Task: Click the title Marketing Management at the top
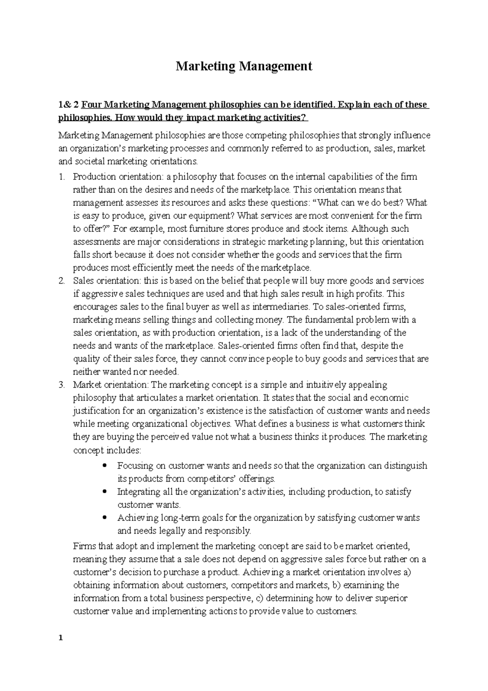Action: click(244, 66)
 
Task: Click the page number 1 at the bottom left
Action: click(61, 638)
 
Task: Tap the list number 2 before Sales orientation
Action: click(61, 281)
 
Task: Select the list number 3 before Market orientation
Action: click(61, 385)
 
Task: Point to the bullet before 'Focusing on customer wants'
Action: click(105, 465)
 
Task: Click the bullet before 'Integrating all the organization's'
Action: click(105, 491)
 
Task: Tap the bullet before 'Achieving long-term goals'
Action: click(105, 517)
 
